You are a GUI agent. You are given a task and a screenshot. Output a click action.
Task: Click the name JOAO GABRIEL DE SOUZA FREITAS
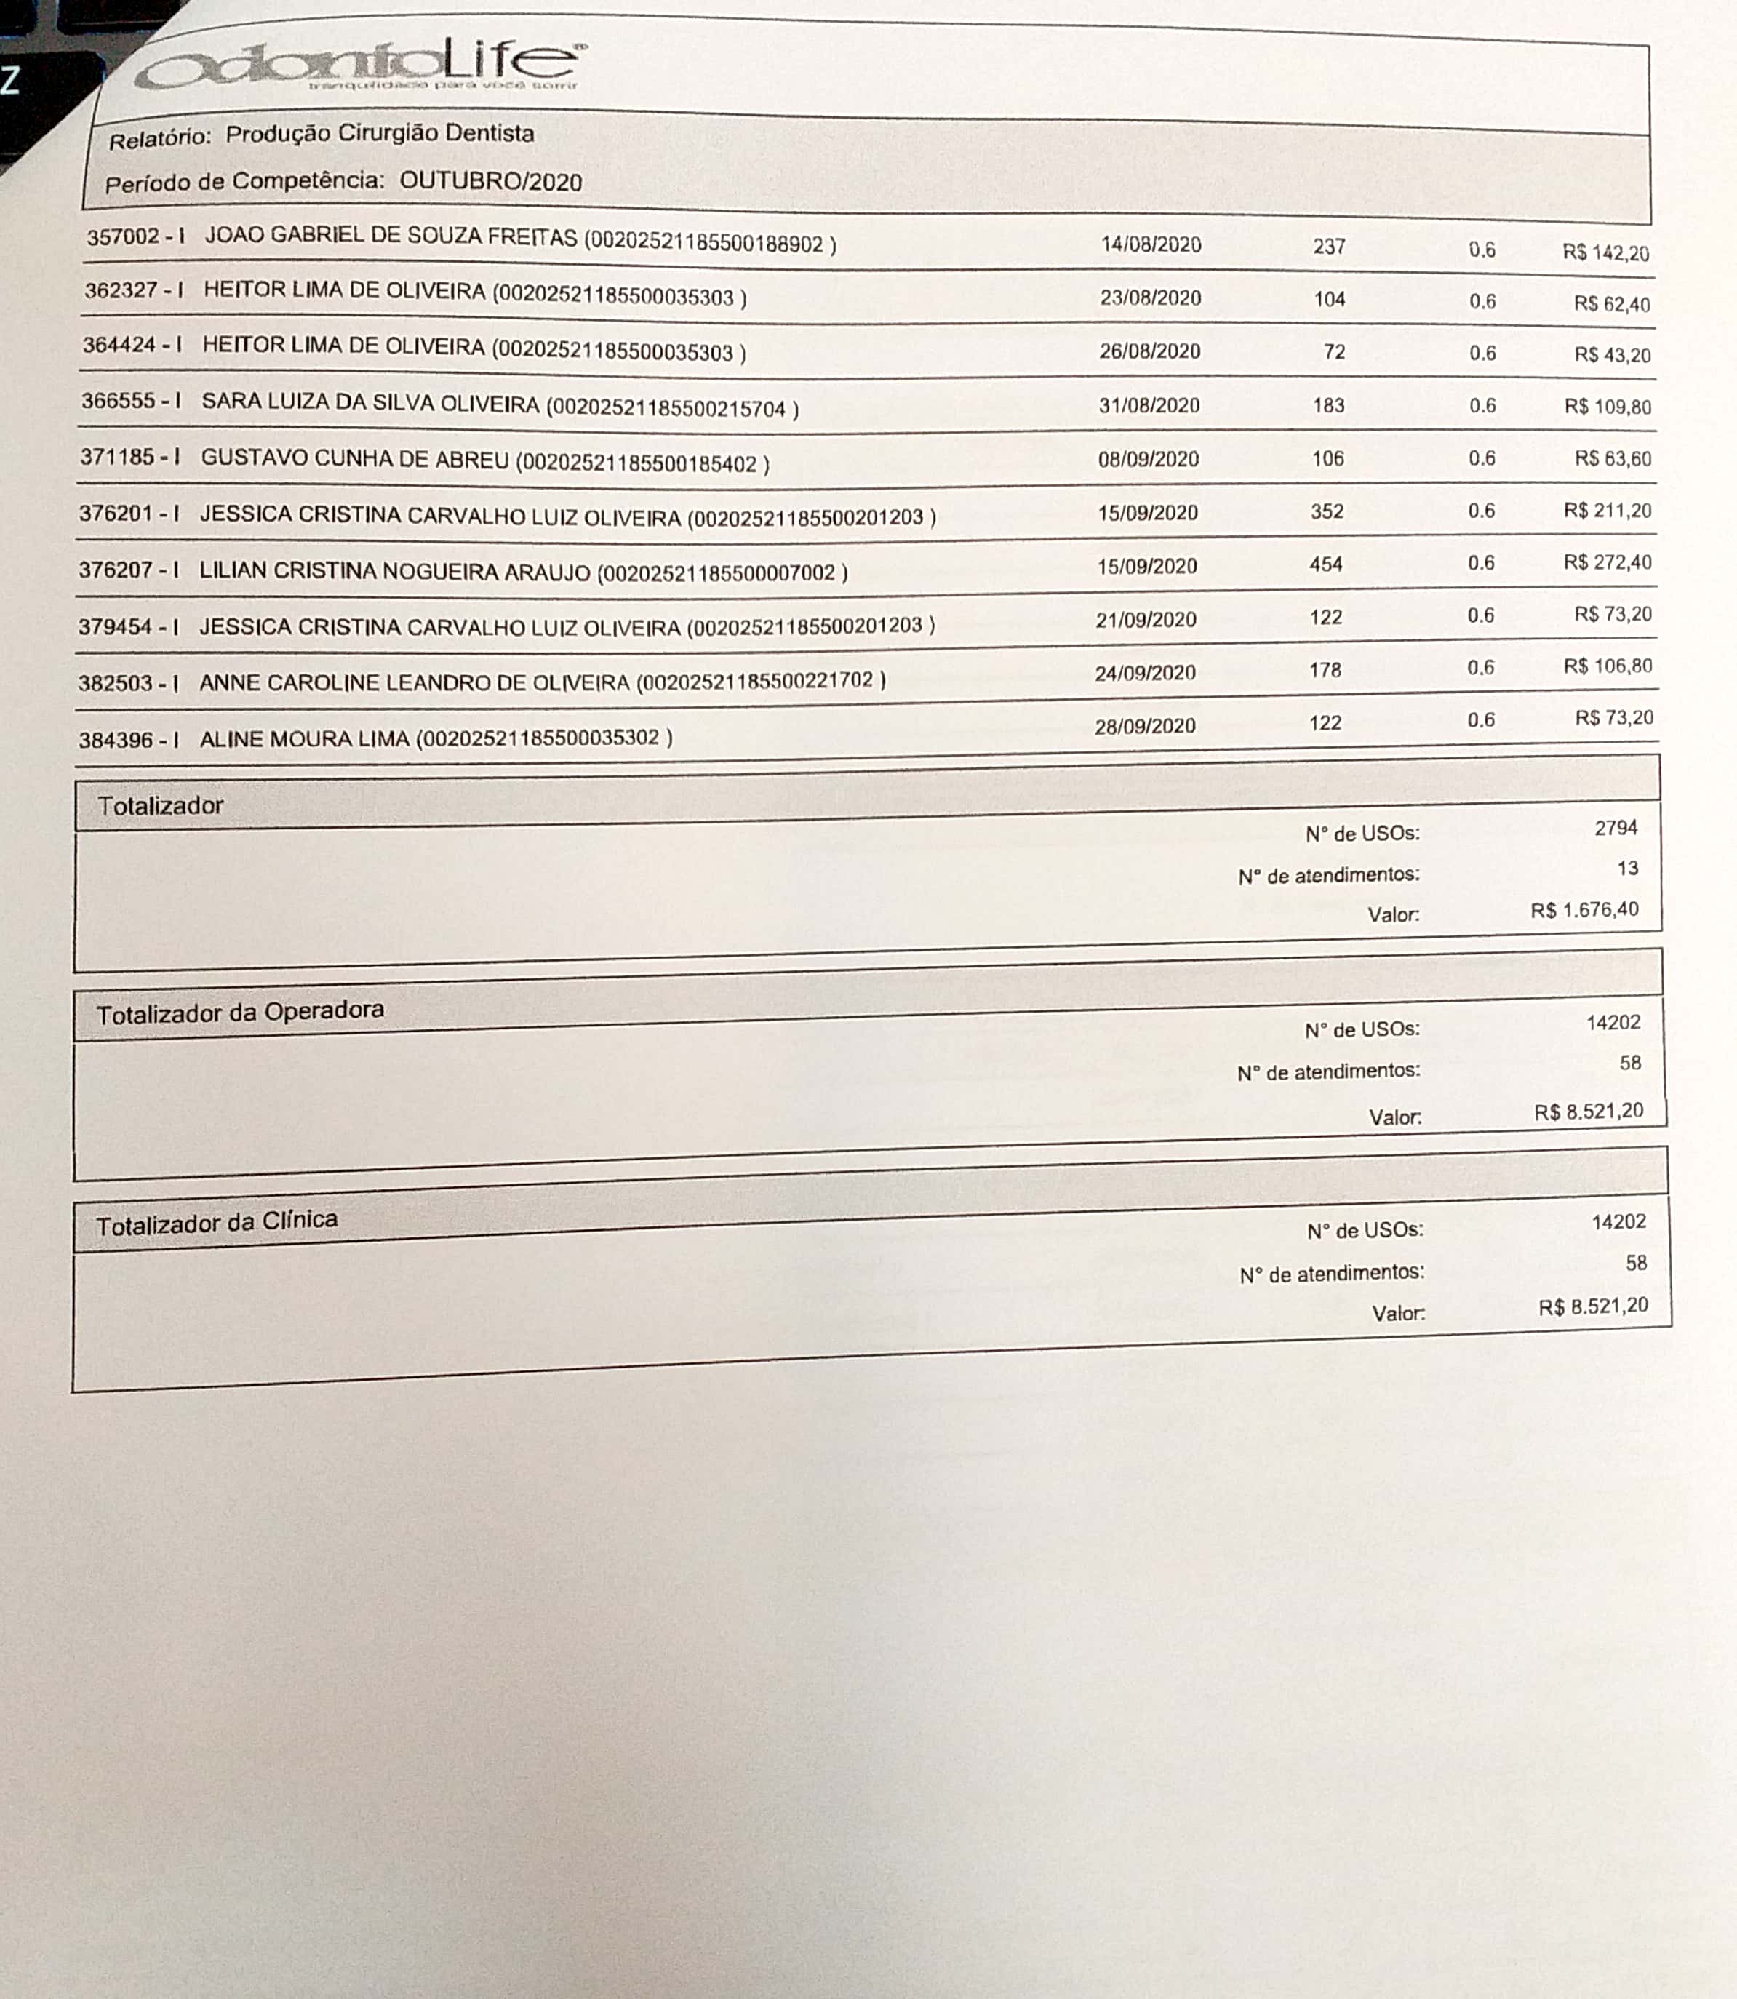(391, 238)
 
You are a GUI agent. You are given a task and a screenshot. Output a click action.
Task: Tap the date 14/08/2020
(1151, 244)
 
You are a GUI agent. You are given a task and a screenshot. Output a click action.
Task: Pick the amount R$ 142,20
(1605, 253)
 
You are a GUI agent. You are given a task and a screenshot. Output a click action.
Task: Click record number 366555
(119, 400)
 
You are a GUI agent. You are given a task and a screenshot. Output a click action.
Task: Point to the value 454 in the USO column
(1326, 564)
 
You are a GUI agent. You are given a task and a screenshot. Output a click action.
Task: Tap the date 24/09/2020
(1145, 672)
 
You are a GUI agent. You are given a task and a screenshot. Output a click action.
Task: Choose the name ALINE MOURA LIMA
(304, 739)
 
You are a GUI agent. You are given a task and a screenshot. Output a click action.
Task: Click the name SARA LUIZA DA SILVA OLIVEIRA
(370, 403)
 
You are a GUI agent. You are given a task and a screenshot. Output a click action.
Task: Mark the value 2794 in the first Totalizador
(1616, 828)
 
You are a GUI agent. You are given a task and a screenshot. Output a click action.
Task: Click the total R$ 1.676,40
(1585, 910)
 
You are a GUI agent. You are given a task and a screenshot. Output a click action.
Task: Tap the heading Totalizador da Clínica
(216, 1223)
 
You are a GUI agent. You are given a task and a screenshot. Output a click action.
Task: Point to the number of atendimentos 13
(1627, 869)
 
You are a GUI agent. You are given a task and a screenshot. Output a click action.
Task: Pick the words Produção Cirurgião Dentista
(379, 134)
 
